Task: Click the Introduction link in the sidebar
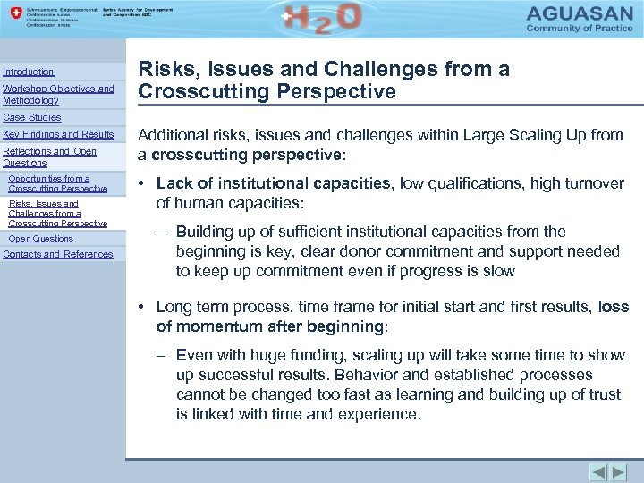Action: tap(29, 72)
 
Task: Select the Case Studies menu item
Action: tap(32, 117)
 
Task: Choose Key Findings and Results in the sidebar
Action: tap(58, 134)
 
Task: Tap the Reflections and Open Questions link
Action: tap(49, 157)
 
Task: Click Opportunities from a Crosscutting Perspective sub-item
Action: tap(57, 183)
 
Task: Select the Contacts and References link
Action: tap(58, 254)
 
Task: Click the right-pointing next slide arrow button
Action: tap(619, 471)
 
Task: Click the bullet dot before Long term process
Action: tap(143, 308)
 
